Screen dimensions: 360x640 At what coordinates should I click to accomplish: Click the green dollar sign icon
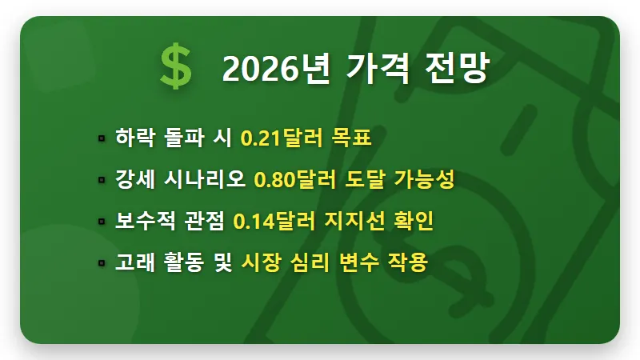point(175,67)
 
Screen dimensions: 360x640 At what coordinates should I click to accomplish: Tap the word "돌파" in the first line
point(181,138)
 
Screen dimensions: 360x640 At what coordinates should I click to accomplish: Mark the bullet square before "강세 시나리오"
point(102,180)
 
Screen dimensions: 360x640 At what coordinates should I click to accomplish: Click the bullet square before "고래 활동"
point(102,263)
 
